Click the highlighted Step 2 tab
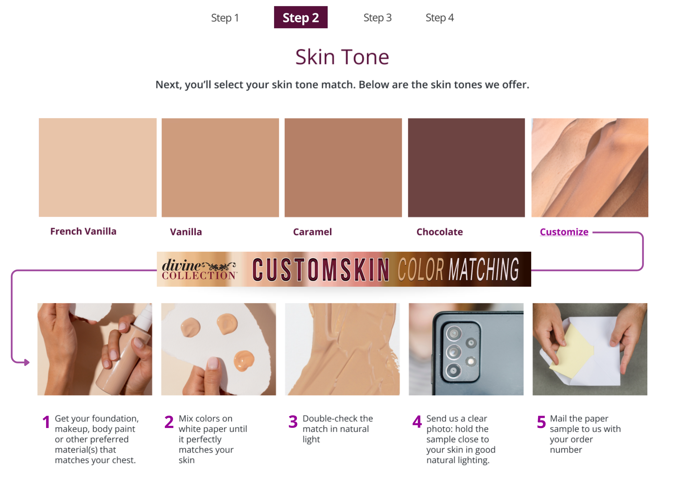tap(300, 17)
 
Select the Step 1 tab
tap(225, 18)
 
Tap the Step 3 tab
tap(377, 18)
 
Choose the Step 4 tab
tap(440, 18)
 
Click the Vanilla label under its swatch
tap(186, 232)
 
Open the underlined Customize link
tap(564, 232)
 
